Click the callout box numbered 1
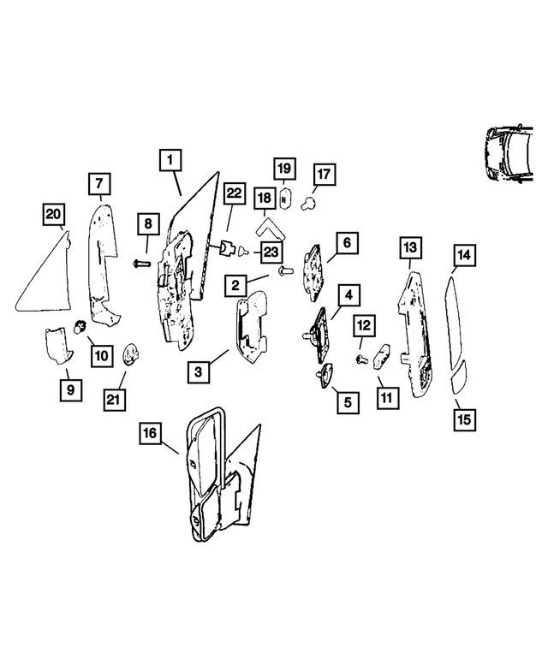click(x=170, y=160)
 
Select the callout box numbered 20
click(x=54, y=215)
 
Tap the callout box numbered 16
click(x=150, y=434)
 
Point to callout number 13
click(x=410, y=247)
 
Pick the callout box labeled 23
click(x=271, y=252)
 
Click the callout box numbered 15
click(x=464, y=419)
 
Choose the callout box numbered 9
click(x=68, y=390)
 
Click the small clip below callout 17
click(x=313, y=204)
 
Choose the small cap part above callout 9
click(x=57, y=346)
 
